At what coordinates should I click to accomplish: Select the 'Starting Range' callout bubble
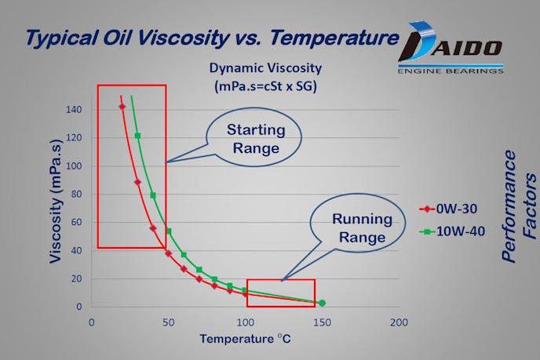click(254, 138)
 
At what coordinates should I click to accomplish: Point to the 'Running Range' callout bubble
click(359, 227)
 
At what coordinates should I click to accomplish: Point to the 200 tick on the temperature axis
click(399, 322)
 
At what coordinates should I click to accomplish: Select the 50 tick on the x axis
click(168, 322)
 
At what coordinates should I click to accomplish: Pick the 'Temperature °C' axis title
click(245, 340)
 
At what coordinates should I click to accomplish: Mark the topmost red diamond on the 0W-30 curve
click(122, 107)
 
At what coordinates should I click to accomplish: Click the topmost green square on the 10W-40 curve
click(137, 136)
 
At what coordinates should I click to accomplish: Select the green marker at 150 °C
click(322, 303)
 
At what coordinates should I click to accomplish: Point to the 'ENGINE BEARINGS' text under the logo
click(449, 71)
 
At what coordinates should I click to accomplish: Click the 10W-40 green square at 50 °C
click(169, 231)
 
